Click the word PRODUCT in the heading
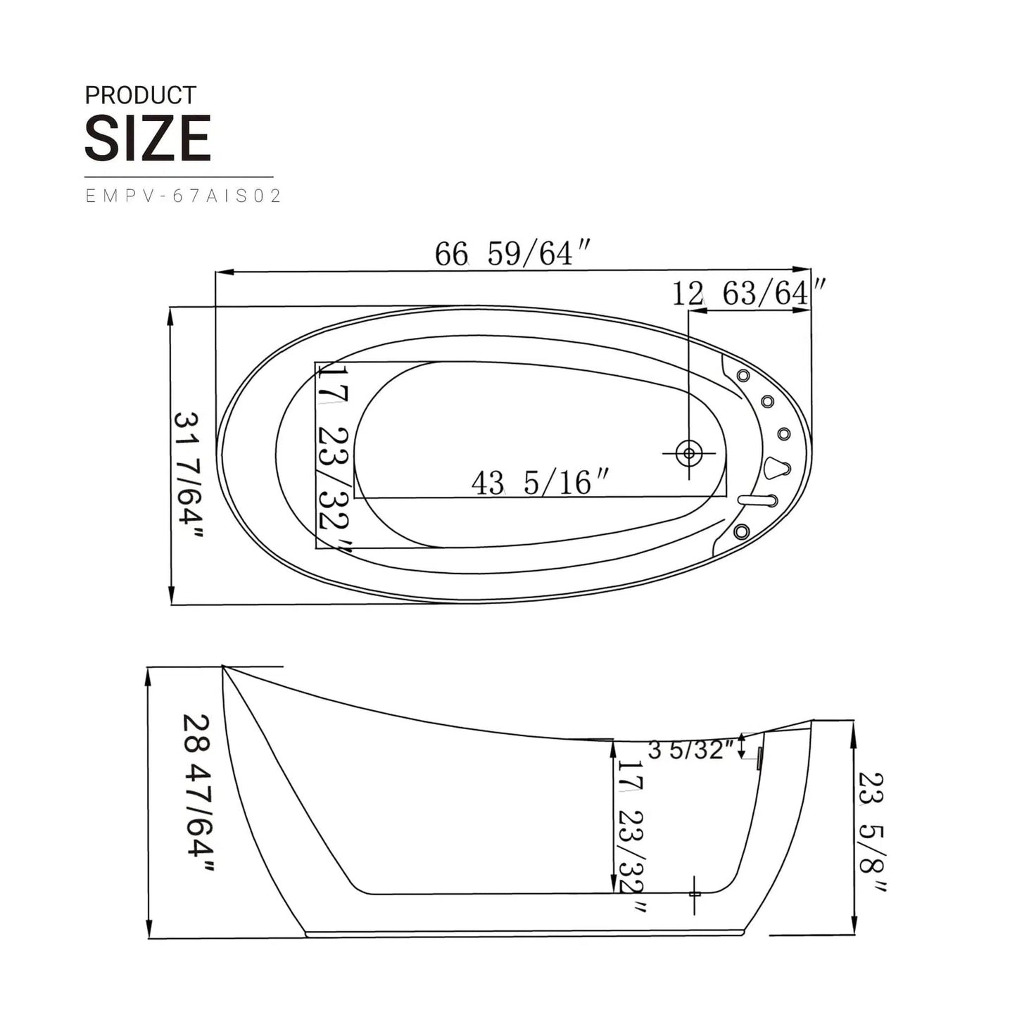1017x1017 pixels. click(140, 96)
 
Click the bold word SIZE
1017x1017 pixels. click(148, 139)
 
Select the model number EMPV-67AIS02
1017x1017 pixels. click(183, 196)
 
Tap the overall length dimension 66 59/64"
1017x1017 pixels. click(512, 253)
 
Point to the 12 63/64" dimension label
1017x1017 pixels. click(747, 293)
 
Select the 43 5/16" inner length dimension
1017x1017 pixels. click(540, 483)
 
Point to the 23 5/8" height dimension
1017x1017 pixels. click(871, 830)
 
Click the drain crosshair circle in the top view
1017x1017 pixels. click(689, 453)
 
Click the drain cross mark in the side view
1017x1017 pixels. click(695, 894)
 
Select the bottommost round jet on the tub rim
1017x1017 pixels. click(740, 531)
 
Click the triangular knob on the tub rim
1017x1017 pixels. click(776, 467)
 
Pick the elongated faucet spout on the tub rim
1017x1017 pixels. click(757, 500)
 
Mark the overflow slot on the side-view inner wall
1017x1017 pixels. click(759, 759)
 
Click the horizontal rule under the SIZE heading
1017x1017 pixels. click(179, 177)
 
